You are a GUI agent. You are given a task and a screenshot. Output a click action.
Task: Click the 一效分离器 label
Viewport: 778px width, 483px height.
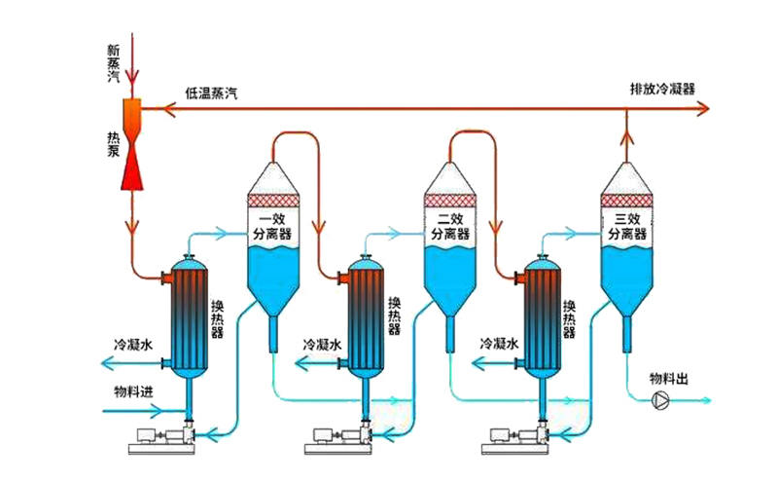point(272,227)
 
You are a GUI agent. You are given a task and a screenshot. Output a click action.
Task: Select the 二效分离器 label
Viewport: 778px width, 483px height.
point(448,227)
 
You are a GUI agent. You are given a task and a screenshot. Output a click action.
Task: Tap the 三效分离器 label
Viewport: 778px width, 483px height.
point(625,227)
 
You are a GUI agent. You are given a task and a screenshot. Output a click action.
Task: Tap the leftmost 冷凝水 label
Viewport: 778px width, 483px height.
point(134,345)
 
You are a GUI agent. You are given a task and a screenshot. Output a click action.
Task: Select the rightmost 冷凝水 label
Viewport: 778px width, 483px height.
point(500,345)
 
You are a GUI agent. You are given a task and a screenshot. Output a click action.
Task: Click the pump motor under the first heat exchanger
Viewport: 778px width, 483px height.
point(145,437)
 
